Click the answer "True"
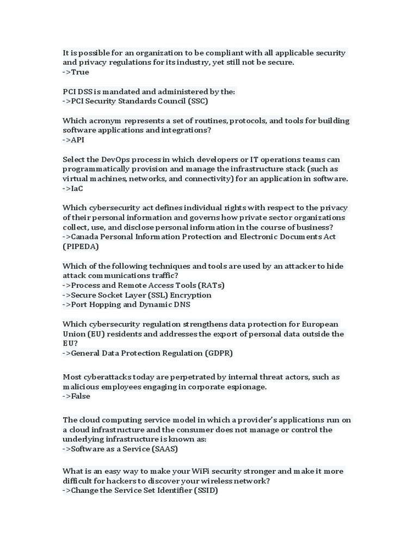pos(80,72)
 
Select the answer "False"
pos(81,397)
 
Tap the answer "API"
pos(78,140)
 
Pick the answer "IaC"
pos(77,189)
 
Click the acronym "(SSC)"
pos(198,101)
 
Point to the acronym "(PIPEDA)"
pos(81,247)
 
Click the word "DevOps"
pos(116,159)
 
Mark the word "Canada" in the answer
pos(85,237)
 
